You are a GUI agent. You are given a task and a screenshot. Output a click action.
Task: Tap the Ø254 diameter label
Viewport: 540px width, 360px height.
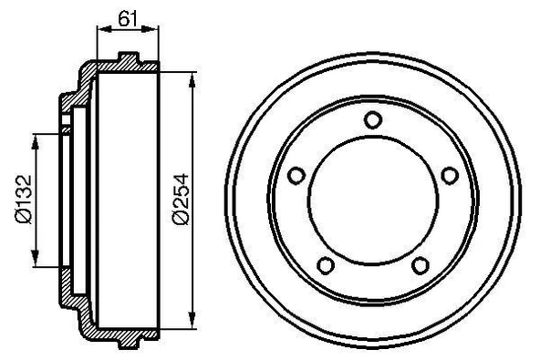pos(181,198)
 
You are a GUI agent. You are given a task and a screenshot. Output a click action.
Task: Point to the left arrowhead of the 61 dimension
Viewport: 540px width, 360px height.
pos(100,29)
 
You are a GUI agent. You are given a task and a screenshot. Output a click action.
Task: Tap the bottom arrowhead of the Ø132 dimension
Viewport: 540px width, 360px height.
pos(36,256)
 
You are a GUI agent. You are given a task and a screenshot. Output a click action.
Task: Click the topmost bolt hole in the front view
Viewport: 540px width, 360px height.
pos(371,118)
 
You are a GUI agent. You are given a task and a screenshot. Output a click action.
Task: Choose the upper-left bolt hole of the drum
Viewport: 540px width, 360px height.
pos(295,175)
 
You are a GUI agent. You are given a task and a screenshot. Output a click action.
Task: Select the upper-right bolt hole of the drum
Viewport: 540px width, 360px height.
pos(448,175)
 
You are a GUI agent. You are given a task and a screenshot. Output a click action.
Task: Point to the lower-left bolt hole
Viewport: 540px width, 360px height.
pos(324,265)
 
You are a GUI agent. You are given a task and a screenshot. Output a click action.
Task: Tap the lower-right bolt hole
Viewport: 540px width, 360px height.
pos(419,265)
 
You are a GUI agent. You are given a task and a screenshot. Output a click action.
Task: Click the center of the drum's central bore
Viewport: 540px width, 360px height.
pos(371,200)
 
